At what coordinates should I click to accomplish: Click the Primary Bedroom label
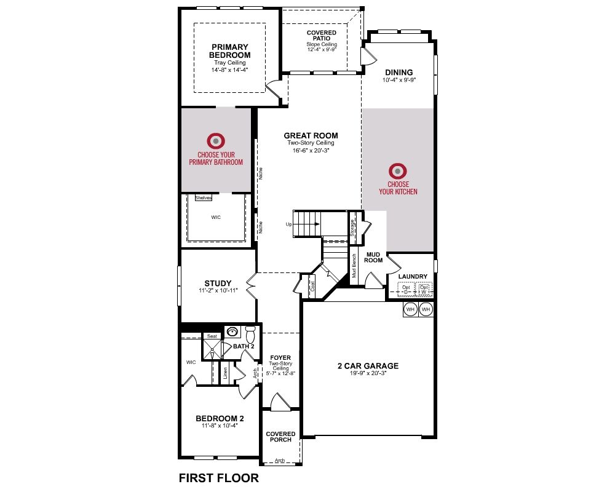pyautogui.click(x=230, y=51)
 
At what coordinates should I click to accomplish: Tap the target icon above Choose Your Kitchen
pyautogui.click(x=398, y=171)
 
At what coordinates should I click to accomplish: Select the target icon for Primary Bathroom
pyautogui.click(x=216, y=141)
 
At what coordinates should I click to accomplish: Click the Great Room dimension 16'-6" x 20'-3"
pyautogui.click(x=311, y=150)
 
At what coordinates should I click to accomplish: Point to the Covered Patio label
pyautogui.click(x=322, y=35)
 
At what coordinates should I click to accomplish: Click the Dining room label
pyautogui.click(x=399, y=72)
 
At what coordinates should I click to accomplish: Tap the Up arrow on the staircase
pyautogui.click(x=306, y=224)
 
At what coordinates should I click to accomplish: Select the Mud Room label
pyautogui.click(x=373, y=258)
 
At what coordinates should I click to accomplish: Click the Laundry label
pyautogui.click(x=413, y=277)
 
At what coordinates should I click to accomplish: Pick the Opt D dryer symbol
pyautogui.click(x=406, y=290)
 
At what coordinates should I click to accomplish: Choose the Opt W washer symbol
pyautogui.click(x=424, y=290)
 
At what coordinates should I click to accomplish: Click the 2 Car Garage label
pyautogui.click(x=368, y=366)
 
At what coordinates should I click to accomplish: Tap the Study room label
pyautogui.click(x=218, y=284)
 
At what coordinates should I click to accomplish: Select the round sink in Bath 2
pyautogui.click(x=233, y=332)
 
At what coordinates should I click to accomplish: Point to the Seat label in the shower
pyautogui.click(x=212, y=336)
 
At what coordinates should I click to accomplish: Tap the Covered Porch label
pyautogui.click(x=280, y=437)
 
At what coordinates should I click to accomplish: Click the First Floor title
pyautogui.click(x=219, y=478)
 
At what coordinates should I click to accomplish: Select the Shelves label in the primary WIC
pyautogui.click(x=203, y=198)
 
